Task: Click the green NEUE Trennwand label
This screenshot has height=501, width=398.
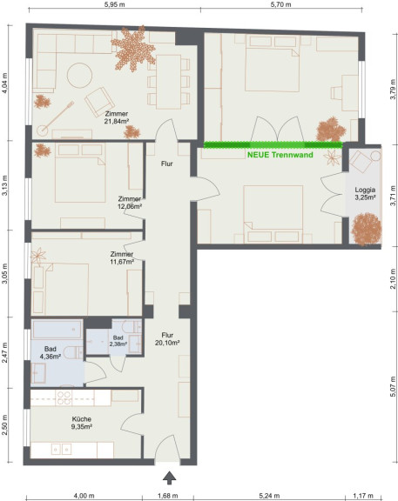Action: [280, 155]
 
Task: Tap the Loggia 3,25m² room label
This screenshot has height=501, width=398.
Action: [365, 194]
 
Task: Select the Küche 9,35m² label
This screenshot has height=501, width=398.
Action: [82, 423]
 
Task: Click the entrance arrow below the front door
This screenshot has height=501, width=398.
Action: [169, 478]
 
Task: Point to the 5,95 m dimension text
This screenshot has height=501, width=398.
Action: [115, 4]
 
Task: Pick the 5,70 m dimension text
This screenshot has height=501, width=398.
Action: [281, 4]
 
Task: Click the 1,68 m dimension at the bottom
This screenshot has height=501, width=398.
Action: [168, 496]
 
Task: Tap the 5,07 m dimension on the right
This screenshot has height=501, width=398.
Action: [393, 386]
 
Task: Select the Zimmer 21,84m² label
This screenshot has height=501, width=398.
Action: [117, 117]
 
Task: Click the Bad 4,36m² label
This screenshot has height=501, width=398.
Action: [51, 353]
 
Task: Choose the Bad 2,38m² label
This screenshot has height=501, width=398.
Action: [118, 341]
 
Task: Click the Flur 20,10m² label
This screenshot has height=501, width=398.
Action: [167, 339]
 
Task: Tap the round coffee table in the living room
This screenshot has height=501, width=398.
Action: [79, 76]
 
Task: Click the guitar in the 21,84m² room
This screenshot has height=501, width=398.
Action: [55, 118]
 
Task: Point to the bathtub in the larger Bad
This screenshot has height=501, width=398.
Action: [57, 330]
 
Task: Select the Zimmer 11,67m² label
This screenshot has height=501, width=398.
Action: [122, 257]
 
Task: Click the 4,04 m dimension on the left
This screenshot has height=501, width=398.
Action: [4, 83]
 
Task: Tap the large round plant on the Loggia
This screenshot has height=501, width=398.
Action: [367, 229]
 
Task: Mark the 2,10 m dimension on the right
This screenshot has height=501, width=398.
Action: [393, 279]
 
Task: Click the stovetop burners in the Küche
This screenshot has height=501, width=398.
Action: [64, 398]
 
